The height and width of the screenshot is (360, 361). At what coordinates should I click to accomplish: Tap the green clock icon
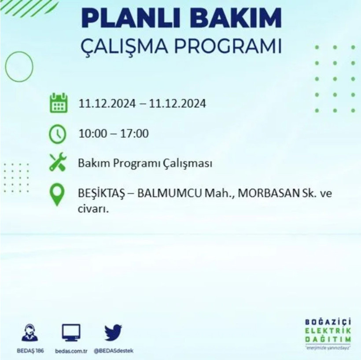coord(58,134)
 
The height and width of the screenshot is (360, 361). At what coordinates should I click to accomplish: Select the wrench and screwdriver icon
coord(58,162)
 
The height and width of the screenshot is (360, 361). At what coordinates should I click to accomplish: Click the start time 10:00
coord(92,133)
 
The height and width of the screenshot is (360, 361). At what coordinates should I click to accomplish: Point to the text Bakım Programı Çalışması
coord(145,163)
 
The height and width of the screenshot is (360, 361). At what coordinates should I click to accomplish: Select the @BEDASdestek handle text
coord(113,351)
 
